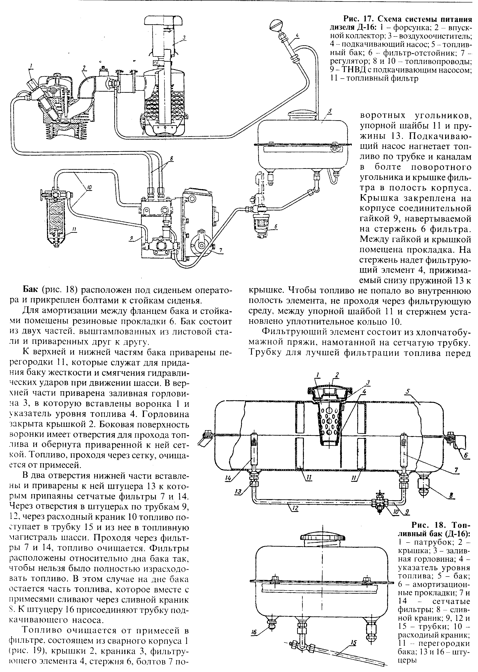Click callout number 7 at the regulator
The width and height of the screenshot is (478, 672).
(x=221, y=250)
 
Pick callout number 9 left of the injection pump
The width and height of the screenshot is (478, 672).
(x=130, y=240)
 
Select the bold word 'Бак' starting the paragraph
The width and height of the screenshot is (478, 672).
(x=31, y=290)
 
